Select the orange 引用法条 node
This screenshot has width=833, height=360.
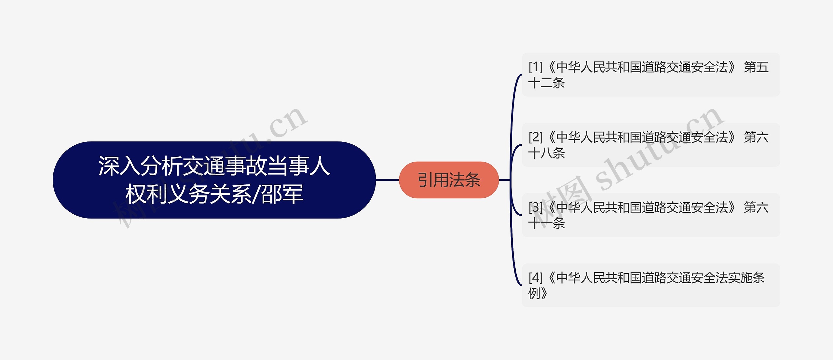pos(449,180)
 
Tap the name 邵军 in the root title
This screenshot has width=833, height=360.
pos(282,194)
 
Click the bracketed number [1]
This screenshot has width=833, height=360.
pos(536,67)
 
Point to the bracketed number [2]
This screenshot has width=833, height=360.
pos(536,137)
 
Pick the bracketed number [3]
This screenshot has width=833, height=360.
pos(536,207)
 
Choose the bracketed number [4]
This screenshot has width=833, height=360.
pos(536,278)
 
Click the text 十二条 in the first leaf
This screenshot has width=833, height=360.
pos(547,83)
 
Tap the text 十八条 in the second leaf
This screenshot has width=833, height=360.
pos(547,153)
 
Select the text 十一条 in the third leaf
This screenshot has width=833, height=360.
pos(547,223)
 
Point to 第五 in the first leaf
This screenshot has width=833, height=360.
pos(756,67)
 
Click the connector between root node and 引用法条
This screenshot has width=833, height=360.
pos(387,180)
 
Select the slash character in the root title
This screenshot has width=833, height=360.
pos(257,194)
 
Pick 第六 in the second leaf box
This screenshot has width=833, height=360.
pos(756,137)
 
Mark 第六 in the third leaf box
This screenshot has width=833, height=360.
pos(756,207)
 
